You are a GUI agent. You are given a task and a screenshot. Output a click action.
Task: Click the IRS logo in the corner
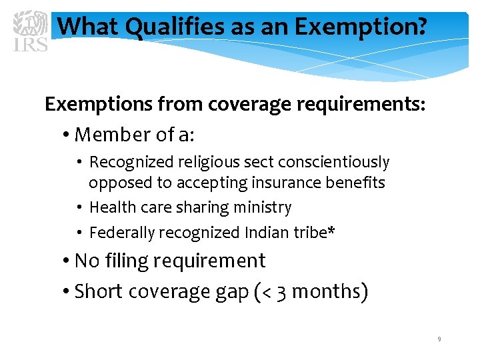[x=31, y=31]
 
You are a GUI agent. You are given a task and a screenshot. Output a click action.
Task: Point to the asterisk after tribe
[x=331, y=231]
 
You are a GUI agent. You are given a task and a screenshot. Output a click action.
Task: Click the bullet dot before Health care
[x=79, y=208]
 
